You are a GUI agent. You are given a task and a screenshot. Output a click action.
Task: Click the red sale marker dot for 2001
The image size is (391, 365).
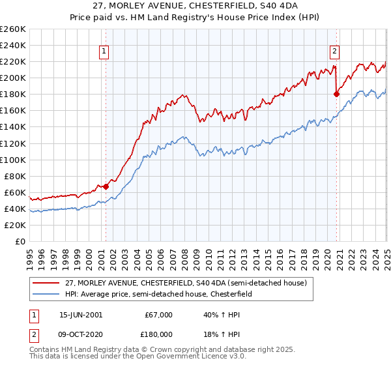click(x=106, y=186)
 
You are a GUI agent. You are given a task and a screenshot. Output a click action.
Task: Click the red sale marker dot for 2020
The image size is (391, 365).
click(x=336, y=94)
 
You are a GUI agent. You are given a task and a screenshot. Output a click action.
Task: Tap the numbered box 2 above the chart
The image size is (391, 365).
click(x=334, y=52)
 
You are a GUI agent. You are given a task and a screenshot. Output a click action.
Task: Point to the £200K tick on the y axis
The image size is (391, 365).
click(x=13, y=78)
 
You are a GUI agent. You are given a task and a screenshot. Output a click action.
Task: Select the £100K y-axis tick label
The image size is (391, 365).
click(x=13, y=160)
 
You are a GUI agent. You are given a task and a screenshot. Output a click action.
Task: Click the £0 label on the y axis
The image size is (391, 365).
click(x=20, y=241)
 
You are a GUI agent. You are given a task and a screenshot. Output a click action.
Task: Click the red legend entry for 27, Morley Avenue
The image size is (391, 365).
click(x=190, y=283)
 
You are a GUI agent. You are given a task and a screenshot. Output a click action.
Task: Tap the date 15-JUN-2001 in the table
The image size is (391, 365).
click(x=81, y=315)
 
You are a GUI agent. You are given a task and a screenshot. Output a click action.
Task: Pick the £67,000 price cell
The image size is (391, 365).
click(x=160, y=315)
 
